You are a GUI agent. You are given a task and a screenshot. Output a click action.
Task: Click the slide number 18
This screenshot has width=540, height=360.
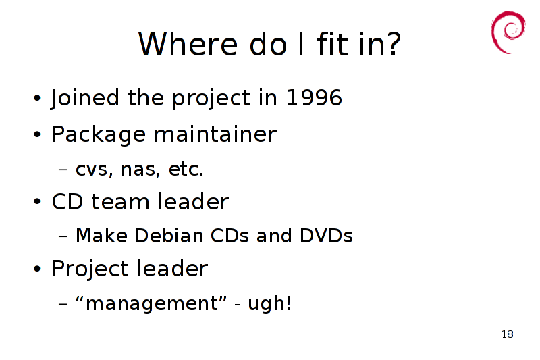508,334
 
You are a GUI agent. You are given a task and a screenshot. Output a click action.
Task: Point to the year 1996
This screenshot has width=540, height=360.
314,97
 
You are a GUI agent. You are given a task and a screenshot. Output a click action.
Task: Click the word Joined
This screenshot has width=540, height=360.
85,98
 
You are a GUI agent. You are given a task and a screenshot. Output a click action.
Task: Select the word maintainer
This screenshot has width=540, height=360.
215,134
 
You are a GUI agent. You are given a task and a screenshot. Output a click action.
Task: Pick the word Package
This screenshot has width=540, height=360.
99,134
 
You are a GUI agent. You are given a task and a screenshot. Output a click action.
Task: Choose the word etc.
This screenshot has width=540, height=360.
186,169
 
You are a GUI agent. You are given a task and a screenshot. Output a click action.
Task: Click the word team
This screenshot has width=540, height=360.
120,201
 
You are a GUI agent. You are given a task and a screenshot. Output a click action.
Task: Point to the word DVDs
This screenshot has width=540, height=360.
327,236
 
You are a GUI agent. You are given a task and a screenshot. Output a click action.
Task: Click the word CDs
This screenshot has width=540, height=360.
230,236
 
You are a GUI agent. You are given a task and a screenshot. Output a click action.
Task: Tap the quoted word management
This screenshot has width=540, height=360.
151,304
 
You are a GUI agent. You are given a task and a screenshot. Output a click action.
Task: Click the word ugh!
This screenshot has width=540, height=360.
269,304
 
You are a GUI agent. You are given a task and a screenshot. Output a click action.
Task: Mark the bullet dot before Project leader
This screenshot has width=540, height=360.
37,269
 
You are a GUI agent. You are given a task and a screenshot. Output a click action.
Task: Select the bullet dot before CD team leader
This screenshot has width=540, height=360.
37,201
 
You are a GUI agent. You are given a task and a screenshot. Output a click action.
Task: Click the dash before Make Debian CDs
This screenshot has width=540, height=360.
63,236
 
